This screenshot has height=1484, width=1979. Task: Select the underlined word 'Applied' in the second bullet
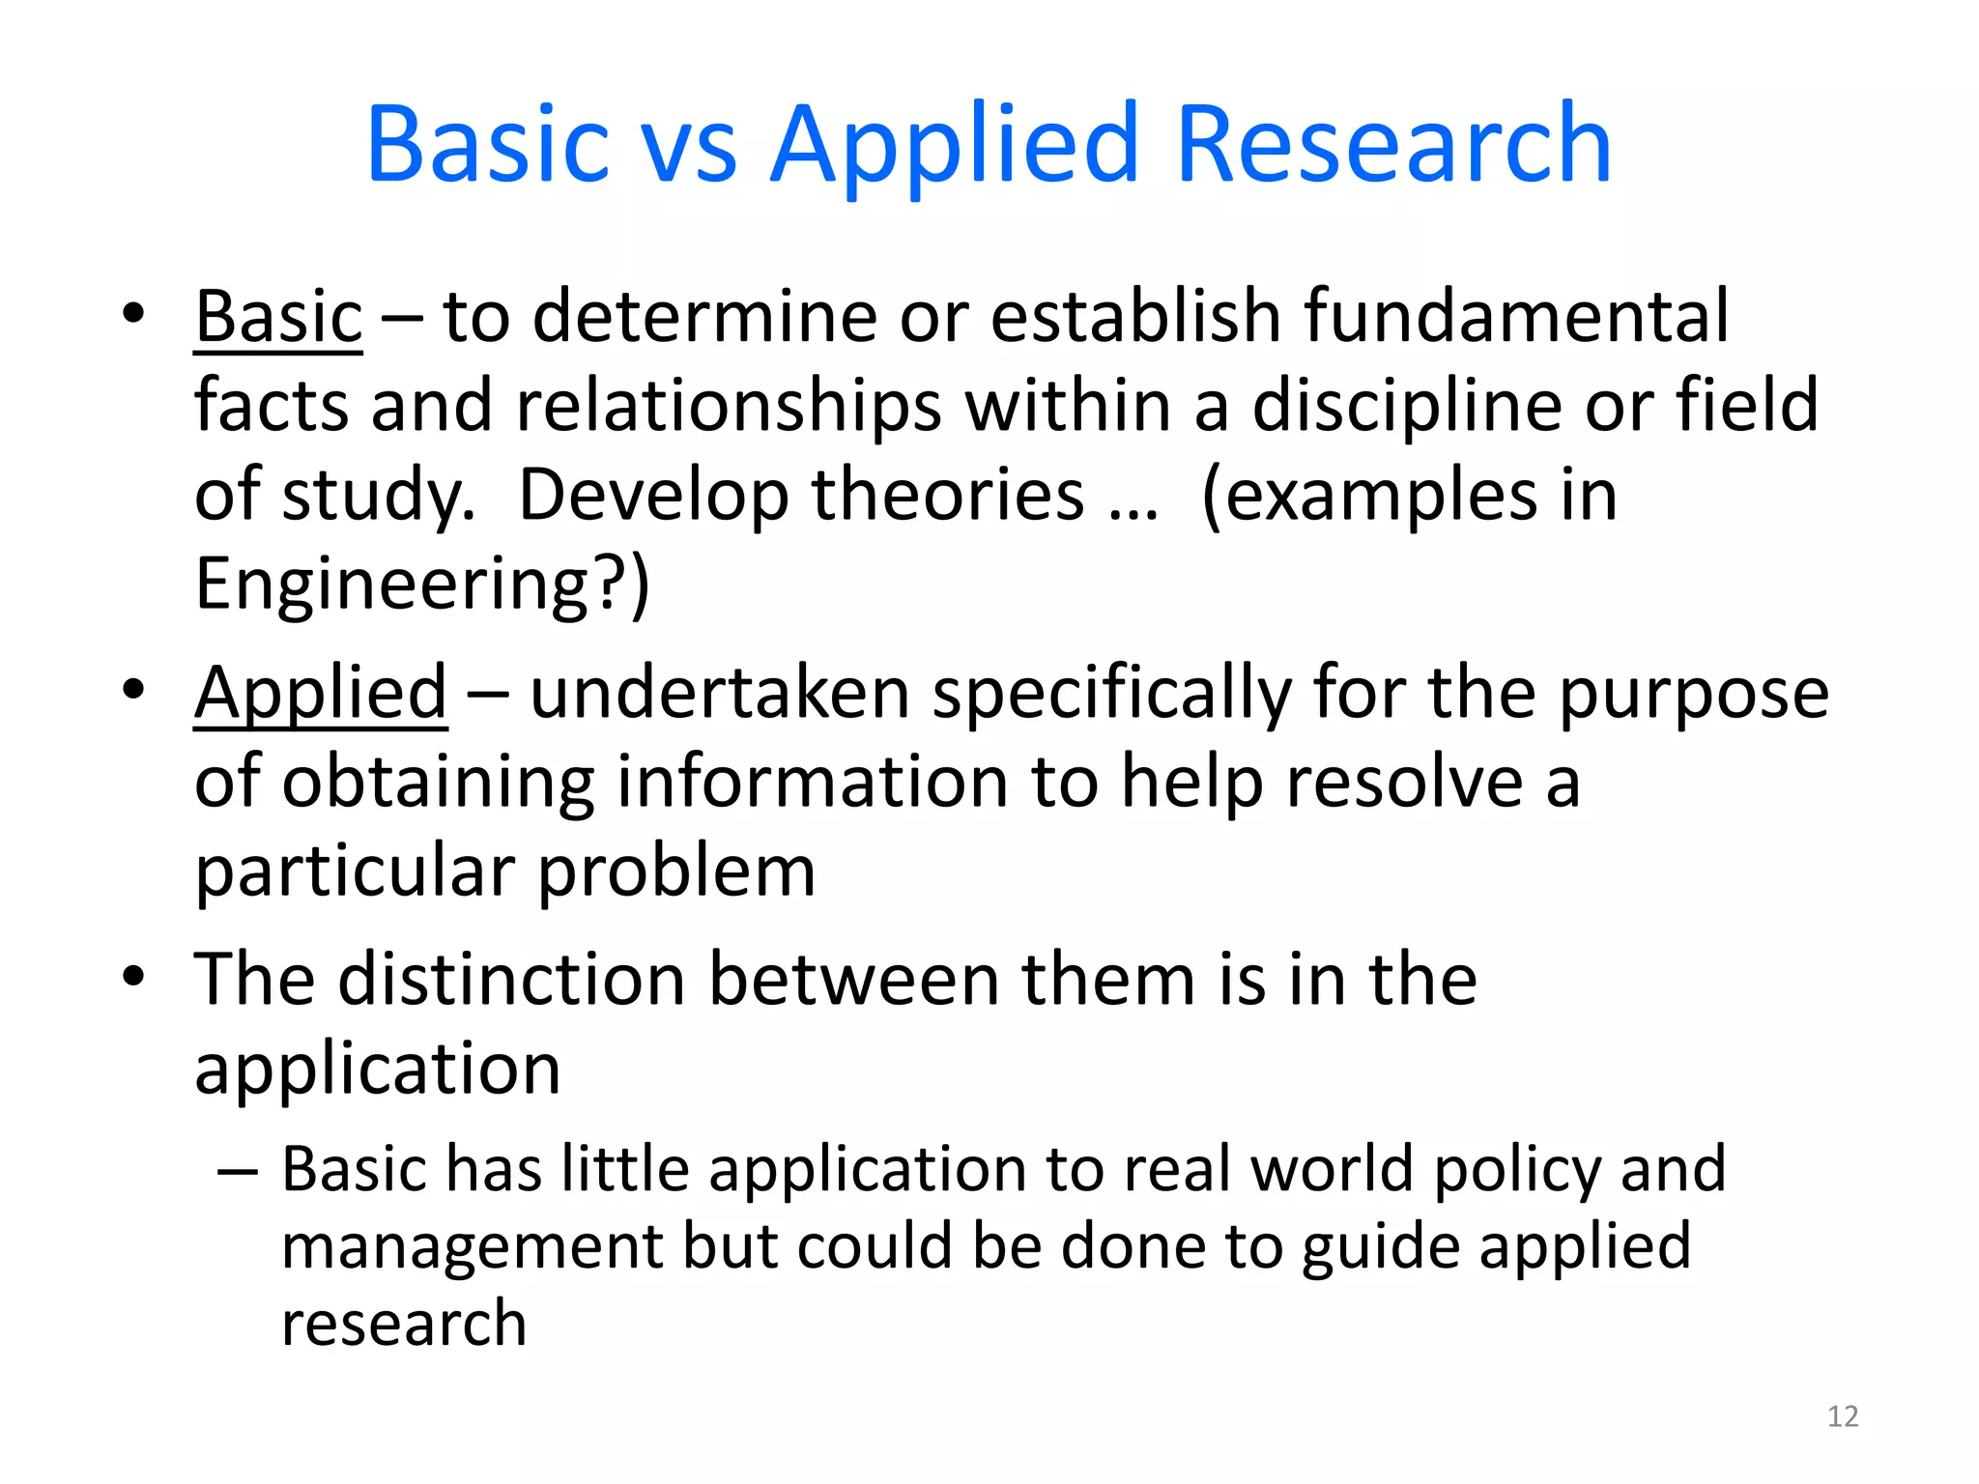321,694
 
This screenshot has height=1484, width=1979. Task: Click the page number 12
1843,1416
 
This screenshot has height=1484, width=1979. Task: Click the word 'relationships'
729,406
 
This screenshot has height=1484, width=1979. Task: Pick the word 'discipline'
1407,406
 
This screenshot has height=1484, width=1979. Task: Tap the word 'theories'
947,495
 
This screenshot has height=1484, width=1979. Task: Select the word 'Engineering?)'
422,584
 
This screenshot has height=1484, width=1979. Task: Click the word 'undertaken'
720,694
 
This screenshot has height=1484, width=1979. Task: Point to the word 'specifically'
1111,694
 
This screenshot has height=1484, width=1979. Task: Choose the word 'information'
812,783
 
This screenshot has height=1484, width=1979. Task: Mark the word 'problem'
676,871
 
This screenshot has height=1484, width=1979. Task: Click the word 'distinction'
512,980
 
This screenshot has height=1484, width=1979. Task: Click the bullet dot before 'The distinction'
133,976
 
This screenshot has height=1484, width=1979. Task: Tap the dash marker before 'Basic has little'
238,1172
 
